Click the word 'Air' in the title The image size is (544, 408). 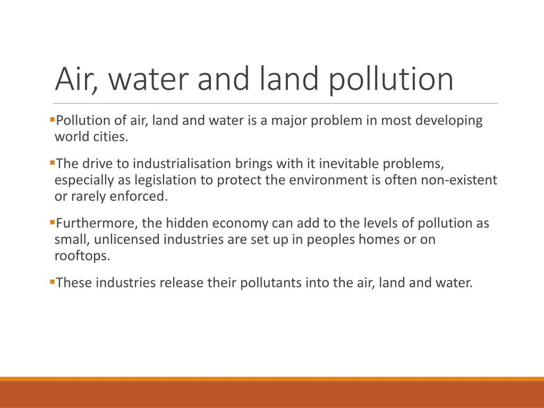[73, 79]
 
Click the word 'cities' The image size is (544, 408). [110, 137]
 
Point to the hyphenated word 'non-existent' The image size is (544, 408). [459, 180]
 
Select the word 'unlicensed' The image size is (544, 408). [127, 240]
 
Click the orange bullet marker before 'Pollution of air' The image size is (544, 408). [51, 120]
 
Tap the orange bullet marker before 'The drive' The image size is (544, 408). [51, 162]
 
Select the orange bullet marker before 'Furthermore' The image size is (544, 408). [51, 222]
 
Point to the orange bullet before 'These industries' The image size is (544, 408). [51, 281]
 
